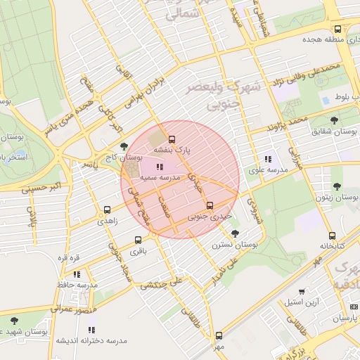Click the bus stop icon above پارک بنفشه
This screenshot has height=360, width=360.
[x=172, y=138]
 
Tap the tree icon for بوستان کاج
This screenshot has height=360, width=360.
[x=124, y=146]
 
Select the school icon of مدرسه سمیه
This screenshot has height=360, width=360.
[x=159, y=167]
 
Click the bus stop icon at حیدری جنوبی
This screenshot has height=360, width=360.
[x=210, y=205]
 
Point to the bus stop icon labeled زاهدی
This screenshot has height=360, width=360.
[x=108, y=210]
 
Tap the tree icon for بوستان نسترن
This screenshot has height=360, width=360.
[x=235, y=233]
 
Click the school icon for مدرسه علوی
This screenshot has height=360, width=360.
[x=268, y=159]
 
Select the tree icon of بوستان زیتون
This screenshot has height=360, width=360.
[x=337, y=186]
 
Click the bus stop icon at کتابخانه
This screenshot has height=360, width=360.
[x=332, y=236]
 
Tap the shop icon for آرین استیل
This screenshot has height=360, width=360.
[x=302, y=291]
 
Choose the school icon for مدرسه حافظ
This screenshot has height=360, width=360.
[x=77, y=274]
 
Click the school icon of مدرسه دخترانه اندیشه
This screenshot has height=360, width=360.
[x=91, y=329]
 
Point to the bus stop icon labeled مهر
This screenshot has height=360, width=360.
[x=219, y=336]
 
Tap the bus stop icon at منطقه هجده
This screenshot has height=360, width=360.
[x=338, y=30]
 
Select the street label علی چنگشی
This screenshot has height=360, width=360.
[x=162, y=283]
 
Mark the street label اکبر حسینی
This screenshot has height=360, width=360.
[x=23, y=188]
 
